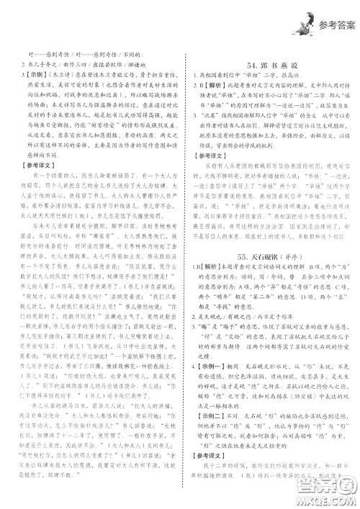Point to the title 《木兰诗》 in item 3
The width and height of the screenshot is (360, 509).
tap(60, 74)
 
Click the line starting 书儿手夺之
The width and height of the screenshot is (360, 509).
tap(58, 64)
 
